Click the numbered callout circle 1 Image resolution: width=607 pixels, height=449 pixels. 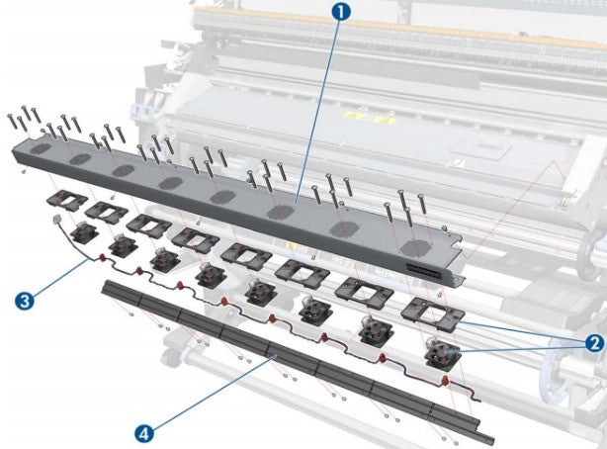click(341, 13)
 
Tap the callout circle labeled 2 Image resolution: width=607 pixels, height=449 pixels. click(594, 342)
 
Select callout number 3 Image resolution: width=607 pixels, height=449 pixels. click(25, 301)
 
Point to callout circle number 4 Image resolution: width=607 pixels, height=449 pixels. click(144, 433)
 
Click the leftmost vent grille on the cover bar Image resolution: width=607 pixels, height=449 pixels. click(42, 148)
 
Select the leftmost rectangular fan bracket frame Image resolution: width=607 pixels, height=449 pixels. click(67, 200)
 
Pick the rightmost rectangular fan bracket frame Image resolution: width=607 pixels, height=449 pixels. click(433, 314)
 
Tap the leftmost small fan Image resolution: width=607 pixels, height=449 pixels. click(84, 233)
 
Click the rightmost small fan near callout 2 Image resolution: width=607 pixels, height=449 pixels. click(443, 353)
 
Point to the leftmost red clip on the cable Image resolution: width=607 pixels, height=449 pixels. click(103, 257)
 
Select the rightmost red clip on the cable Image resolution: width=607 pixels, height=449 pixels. click(445, 380)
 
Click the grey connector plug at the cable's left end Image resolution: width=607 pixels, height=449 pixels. click(56, 219)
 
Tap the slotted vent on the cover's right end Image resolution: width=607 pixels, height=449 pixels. click(424, 270)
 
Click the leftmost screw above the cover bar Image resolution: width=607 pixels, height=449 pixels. click(12, 122)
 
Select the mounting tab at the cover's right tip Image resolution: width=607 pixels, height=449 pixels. click(460, 278)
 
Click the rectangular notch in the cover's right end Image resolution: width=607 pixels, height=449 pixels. click(458, 243)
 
